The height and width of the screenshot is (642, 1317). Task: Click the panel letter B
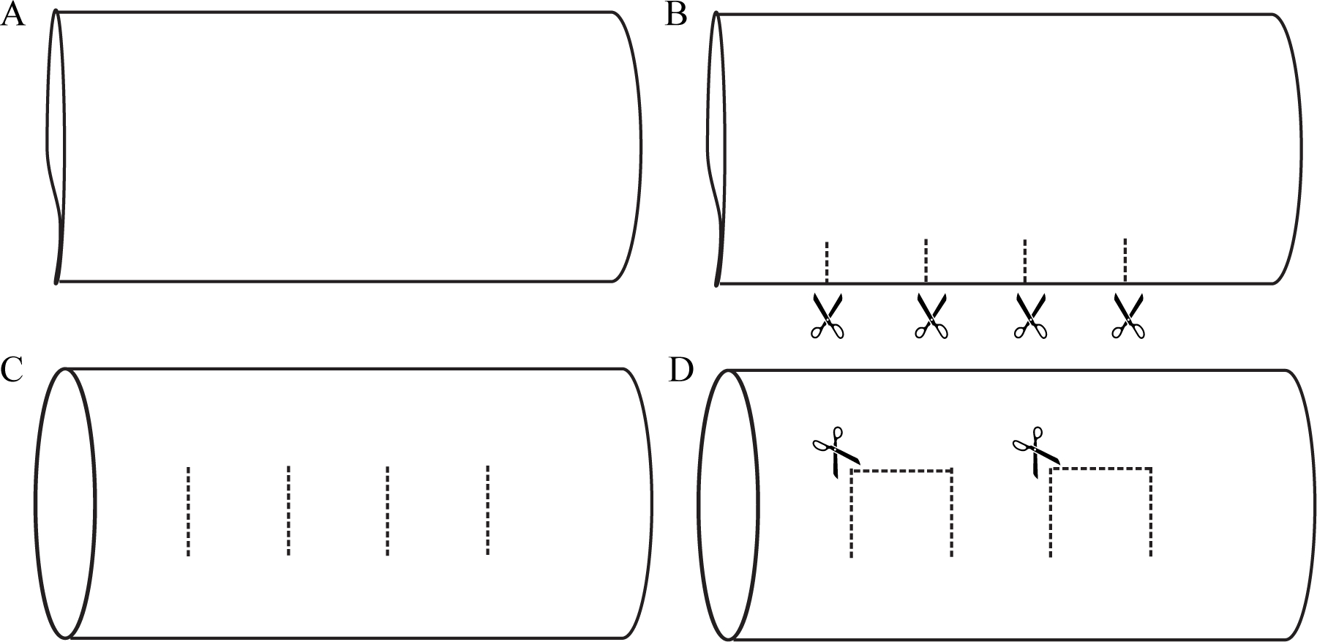(x=675, y=15)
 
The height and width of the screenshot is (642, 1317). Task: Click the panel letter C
(x=12, y=371)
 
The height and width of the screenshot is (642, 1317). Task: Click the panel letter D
(x=680, y=371)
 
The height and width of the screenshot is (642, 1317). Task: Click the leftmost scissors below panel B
(x=828, y=316)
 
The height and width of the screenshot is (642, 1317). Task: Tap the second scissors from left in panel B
(x=931, y=316)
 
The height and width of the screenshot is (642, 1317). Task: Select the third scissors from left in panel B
(x=1030, y=316)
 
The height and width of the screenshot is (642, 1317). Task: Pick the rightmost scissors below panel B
(x=1128, y=316)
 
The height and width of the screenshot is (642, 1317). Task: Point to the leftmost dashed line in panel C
(x=188, y=511)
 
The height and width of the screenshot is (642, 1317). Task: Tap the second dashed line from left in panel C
(x=288, y=510)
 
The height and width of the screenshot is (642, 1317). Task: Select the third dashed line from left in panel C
(x=387, y=510)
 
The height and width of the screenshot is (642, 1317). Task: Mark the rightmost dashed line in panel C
(x=487, y=510)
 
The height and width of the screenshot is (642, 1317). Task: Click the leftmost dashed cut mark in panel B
(x=827, y=261)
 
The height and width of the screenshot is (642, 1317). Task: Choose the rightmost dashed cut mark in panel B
(x=1125, y=260)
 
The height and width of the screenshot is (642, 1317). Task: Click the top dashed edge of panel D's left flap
(x=901, y=471)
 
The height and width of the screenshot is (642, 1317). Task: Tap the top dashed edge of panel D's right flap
(x=1101, y=469)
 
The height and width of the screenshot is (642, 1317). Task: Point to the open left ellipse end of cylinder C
(x=65, y=503)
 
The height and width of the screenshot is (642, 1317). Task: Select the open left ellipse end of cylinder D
(x=729, y=504)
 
